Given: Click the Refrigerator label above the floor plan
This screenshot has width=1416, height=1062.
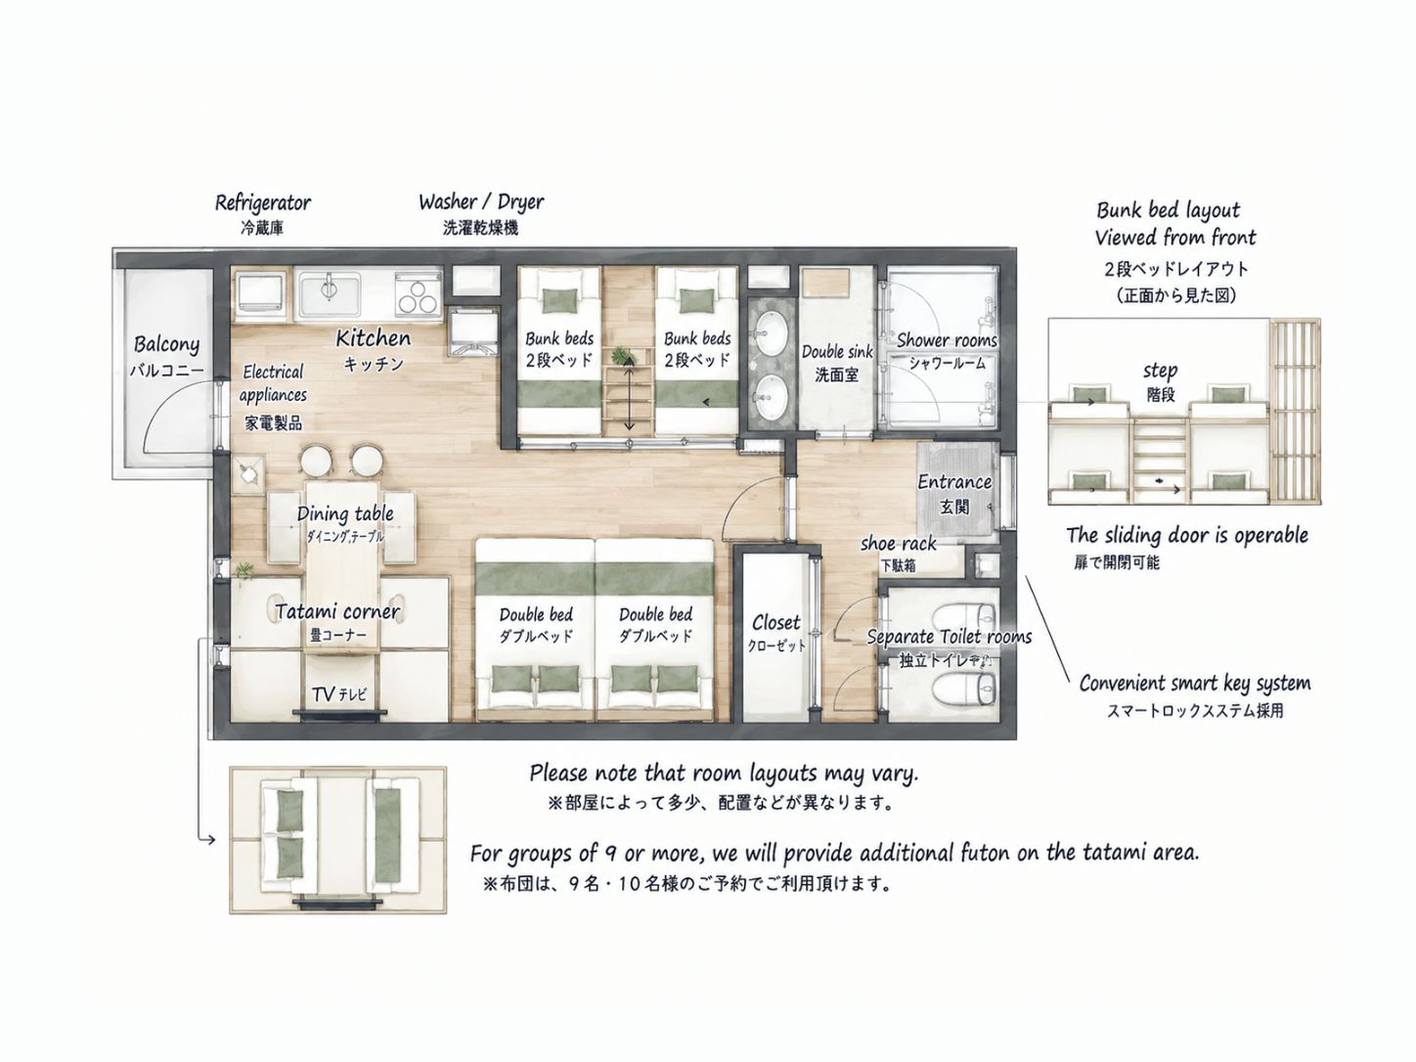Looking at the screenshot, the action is coord(262,203).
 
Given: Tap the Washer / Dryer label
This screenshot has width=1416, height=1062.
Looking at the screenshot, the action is coord(481,202).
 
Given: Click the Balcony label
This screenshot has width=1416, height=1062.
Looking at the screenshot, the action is coord(166,344).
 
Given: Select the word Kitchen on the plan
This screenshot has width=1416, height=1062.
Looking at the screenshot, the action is coord(373,338).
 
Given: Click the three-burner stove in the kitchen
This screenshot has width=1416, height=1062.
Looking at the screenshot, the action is coord(418,296).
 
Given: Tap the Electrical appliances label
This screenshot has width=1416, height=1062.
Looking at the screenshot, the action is coord(274,383).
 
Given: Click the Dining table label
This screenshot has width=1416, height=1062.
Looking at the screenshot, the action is coord(345,513).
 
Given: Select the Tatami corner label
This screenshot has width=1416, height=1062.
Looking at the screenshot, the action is coord(337,611).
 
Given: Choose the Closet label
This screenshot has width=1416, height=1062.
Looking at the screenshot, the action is coord(776,622).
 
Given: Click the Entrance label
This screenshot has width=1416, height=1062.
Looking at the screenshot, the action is coord(954,482).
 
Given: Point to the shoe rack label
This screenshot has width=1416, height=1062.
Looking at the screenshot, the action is coord(898,544).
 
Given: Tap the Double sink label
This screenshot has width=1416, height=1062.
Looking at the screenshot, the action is coord(837,352).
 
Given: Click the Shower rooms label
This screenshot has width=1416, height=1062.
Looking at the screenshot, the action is coord(947,339).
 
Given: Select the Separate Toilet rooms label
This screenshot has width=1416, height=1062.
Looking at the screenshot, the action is coord(949,637).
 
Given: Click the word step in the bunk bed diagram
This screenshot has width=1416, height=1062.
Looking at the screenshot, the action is coord(1160,371).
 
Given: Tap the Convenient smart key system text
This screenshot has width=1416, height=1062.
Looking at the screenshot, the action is coord(1195,684).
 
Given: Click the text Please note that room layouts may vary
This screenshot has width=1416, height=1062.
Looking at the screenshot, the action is coord(724,773).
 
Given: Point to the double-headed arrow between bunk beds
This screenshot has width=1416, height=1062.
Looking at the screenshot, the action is coord(629,395).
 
